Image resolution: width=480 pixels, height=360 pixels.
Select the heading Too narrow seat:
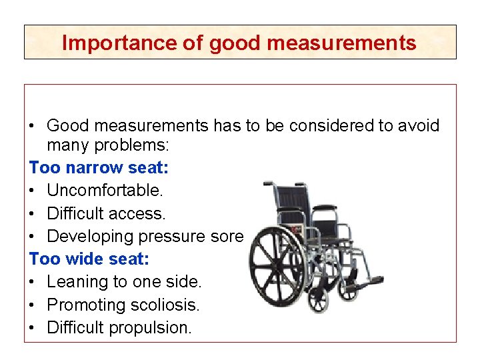click(99, 167)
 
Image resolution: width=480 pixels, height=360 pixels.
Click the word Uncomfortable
click(105, 191)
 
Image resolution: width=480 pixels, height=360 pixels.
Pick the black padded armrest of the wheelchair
click(325, 208)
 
